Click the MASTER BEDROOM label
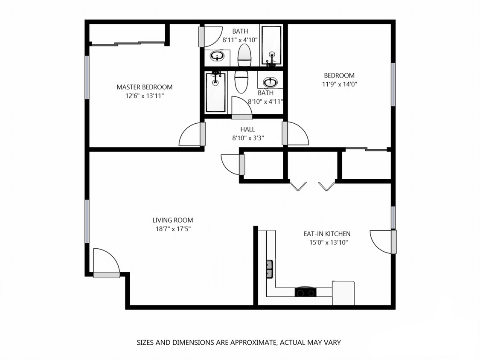tap(144, 87)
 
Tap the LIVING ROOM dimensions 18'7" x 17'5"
tap(173, 229)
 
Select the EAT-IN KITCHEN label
tap(327, 234)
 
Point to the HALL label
tap(247, 129)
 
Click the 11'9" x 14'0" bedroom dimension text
tap(339, 84)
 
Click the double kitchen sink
tap(270, 269)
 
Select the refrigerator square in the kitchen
tap(343, 293)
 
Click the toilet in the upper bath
tap(244, 55)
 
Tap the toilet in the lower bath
tap(241, 82)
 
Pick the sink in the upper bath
tap(218, 56)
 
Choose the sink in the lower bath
tap(270, 81)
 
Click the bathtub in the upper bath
tap(271, 46)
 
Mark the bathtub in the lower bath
tap(215, 93)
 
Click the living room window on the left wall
tap(87, 221)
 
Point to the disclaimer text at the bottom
tap(239, 342)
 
